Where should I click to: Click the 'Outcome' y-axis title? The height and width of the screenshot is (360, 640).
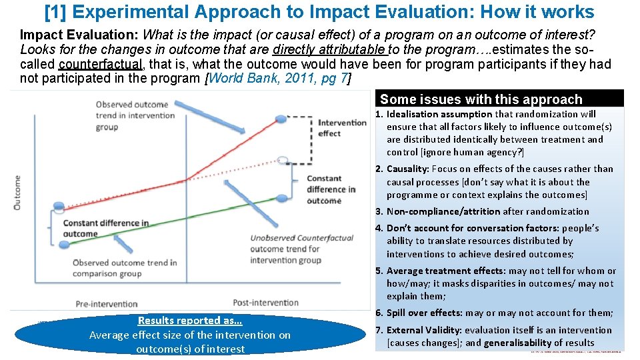[x=17, y=193]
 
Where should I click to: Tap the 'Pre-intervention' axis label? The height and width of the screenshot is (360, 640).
[x=107, y=303]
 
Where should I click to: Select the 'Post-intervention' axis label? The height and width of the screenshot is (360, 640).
[x=265, y=302]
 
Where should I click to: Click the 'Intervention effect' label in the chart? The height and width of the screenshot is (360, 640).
[x=342, y=128]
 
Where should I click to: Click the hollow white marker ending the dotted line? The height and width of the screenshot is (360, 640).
[x=283, y=160]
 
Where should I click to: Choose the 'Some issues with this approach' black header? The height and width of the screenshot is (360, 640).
[x=481, y=99]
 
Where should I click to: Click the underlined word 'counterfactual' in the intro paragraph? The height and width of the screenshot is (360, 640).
[x=100, y=64]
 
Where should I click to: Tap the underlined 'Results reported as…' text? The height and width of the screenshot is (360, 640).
[x=189, y=321]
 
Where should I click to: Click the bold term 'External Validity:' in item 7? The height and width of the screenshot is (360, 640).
[x=423, y=330]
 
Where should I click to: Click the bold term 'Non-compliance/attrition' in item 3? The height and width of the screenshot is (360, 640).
[x=443, y=211]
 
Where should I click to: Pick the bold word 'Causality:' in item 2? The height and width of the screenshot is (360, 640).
[x=408, y=169]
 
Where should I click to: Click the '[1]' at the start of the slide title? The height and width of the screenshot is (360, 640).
[x=54, y=11]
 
